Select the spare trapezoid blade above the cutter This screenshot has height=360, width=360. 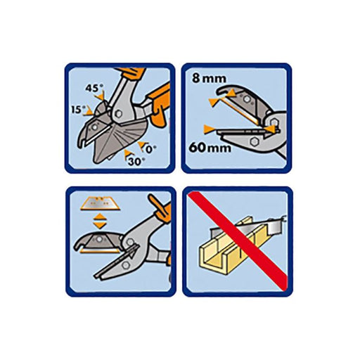click(97, 205)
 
